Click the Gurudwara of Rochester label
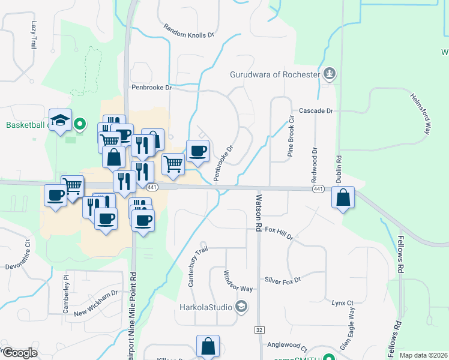click(x=275, y=75)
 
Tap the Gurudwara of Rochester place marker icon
click(x=328, y=74)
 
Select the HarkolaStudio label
click(x=205, y=308)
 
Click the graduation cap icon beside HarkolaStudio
click(x=241, y=307)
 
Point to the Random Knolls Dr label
click(x=189, y=31)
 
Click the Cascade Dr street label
click(x=316, y=111)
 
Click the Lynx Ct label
click(x=343, y=303)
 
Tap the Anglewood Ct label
click(x=288, y=347)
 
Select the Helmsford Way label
click(x=421, y=113)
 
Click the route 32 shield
click(x=259, y=330)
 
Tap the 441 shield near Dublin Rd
click(x=318, y=189)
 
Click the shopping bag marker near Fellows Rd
click(x=342, y=197)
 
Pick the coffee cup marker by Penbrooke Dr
click(x=197, y=151)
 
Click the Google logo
click(x=20, y=353)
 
